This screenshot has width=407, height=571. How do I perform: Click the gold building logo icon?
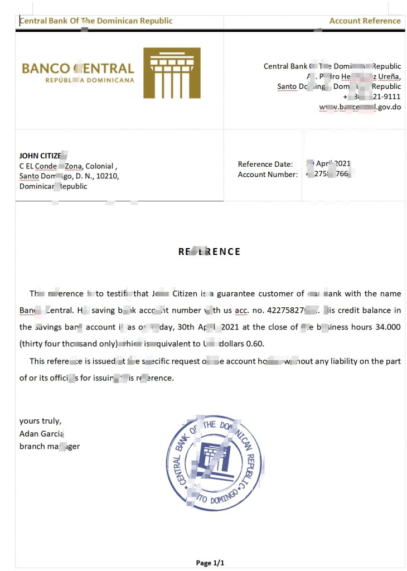pos(172,73)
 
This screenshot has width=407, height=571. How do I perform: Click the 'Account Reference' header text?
pos(365,21)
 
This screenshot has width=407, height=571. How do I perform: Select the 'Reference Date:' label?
pos(265,164)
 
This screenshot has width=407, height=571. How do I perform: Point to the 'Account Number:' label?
pos(268,175)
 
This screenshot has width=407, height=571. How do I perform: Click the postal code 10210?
pos(106,176)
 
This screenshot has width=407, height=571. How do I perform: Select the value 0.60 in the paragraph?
pos(255,343)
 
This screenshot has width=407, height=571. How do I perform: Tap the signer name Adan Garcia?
pos(42,433)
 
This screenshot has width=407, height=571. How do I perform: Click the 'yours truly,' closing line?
pos(40,421)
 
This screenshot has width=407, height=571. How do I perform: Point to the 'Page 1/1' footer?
pos(210,563)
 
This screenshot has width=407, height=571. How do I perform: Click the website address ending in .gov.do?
pos(360,107)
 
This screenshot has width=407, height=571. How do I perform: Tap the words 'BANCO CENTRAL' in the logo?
pos(77,69)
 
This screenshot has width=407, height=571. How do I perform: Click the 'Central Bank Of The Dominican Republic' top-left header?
pos(96,21)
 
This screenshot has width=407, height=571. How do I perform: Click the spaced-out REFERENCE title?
pos(210,251)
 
